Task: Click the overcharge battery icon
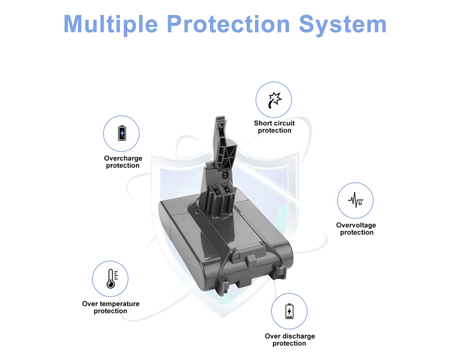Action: (x=121, y=134)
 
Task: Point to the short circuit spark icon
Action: (x=274, y=100)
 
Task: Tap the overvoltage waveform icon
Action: (x=355, y=201)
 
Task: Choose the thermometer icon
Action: (x=110, y=279)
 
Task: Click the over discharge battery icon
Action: (x=289, y=311)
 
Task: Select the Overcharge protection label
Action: (x=123, y=162)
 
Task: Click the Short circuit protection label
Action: (x=274, y=127)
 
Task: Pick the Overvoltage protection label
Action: (x=356, y=229)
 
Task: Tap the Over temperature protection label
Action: (x=111, y=307)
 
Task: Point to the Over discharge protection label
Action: (x=289, y=340)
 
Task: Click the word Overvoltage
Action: (x=356, y=225)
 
